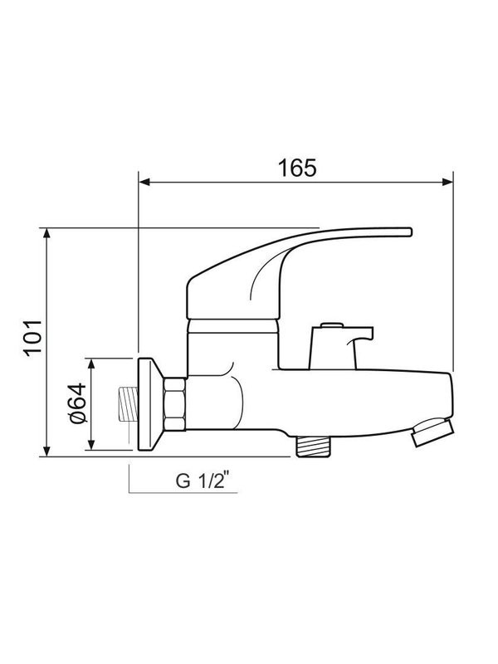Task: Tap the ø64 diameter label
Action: click(x=75, y=405)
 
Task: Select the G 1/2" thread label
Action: click(x=200, y=481)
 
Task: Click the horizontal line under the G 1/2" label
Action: click(x=183, y=493)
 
